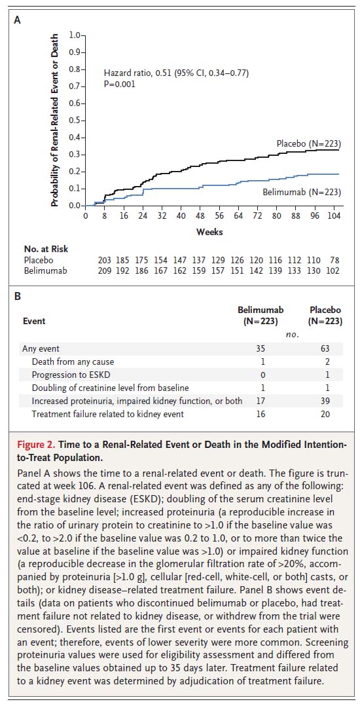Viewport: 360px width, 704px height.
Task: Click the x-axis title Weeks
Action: coord(209,232)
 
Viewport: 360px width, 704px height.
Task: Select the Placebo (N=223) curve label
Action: coord(308,144)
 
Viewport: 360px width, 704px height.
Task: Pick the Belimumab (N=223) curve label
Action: coord(302,193)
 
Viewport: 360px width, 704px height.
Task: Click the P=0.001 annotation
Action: coord(119,83)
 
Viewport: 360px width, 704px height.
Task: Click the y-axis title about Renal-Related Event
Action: coord(54,120)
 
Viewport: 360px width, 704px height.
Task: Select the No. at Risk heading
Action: coord(46,250)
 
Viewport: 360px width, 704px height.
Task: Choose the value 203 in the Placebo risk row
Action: coord(103,261)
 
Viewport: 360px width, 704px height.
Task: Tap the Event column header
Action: coord(34,321)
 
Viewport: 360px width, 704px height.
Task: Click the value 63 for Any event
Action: coord(325,348)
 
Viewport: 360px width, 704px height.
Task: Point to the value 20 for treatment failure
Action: coord(325,414)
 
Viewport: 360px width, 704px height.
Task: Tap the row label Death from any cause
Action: coord(73,362)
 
